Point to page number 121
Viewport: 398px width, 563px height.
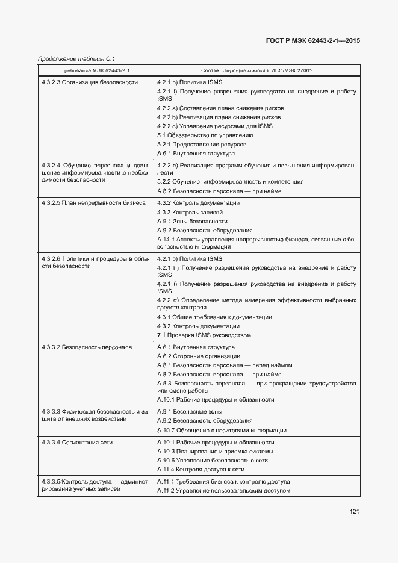[354, 512]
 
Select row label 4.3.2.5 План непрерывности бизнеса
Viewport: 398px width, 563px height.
[93, 203]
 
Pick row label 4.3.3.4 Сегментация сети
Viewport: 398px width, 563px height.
[77, 443]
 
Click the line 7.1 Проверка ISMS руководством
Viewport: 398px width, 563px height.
[204, 335]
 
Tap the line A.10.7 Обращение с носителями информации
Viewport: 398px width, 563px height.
[221, 430]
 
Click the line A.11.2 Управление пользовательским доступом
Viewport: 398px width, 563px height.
[223, 490]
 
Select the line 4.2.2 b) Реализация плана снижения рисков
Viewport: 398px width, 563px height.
[218, 117]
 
